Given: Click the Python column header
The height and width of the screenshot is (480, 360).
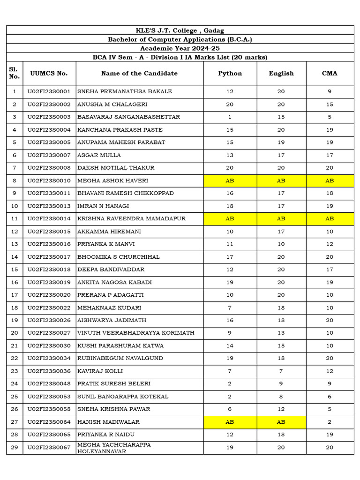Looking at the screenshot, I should [x=230, y=74].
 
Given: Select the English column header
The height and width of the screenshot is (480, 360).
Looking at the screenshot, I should [x=281, y=74].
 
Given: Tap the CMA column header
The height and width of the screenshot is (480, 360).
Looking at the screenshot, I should [x=330, y=74].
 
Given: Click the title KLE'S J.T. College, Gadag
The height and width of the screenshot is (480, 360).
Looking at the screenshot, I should [x=180, y=30].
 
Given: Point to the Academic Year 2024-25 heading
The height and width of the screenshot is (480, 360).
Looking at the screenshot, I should [x=180, y=48].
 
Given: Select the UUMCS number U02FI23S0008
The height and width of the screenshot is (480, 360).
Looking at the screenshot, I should [x=49, y=168].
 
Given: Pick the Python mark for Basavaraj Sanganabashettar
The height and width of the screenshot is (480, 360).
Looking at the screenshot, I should [x=230, y=117].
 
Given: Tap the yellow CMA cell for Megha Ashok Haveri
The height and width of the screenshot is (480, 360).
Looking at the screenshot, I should [x=330, y=180].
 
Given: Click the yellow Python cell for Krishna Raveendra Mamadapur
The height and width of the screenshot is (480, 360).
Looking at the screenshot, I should [x=230, y=218].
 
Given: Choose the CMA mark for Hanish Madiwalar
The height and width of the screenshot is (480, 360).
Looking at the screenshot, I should [x=330, y=422].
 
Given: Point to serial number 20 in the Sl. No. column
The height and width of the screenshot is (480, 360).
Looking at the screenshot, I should [x=15, y=333].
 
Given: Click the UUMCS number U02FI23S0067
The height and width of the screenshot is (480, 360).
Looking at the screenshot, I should [x=49, y=448].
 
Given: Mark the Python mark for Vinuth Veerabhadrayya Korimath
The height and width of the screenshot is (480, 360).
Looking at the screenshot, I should [x=230, y=333].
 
